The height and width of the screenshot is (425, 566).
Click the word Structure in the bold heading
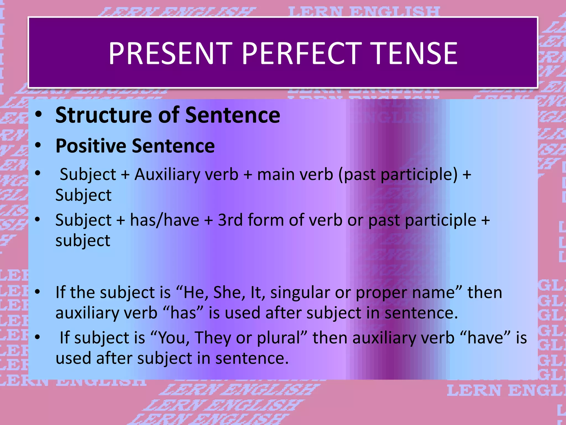click(x=104, y=115)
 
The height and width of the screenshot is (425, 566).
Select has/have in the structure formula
click(x=165, y=220)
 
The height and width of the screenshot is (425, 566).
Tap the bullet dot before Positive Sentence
click(x=38, y=145)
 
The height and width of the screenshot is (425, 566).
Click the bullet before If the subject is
click(x=38, y=292)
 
